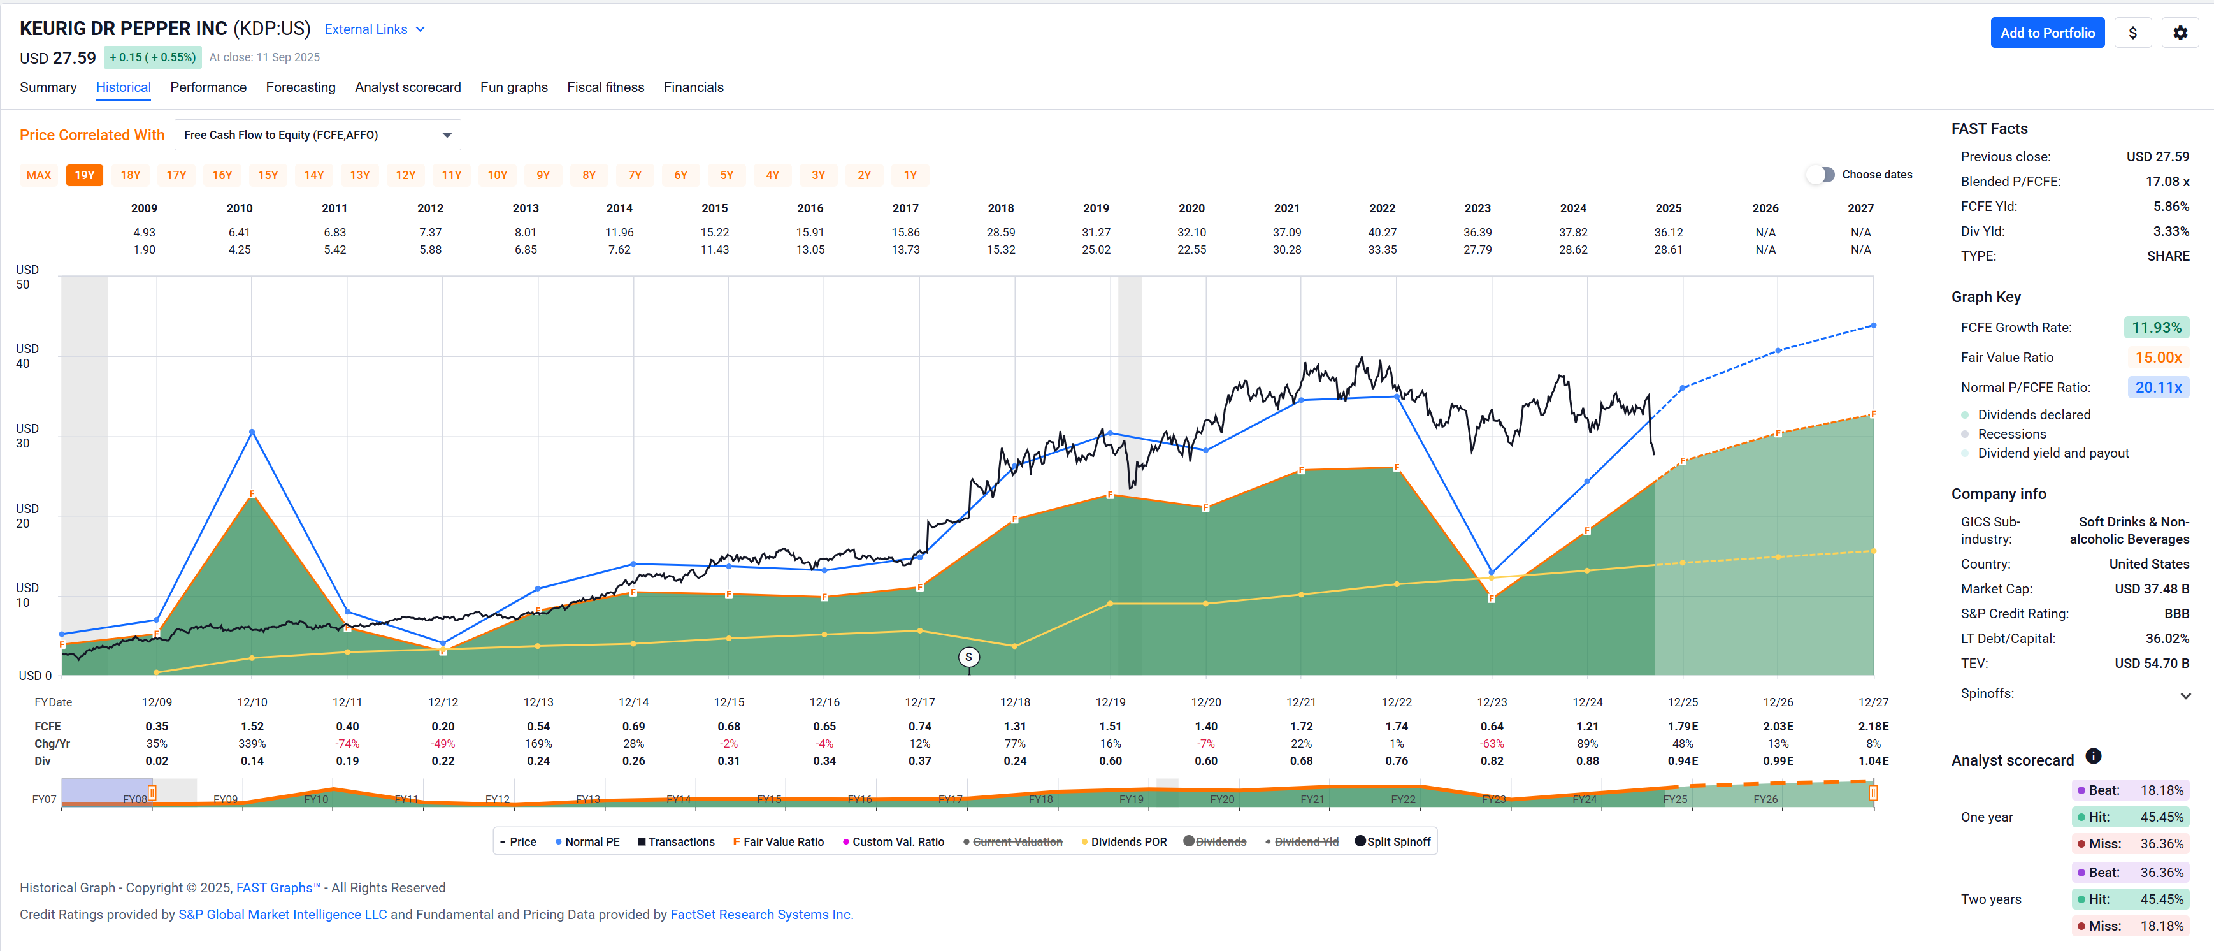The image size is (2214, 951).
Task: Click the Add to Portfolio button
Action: click(2046, 33)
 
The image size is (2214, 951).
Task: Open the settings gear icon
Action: click(2180, 33)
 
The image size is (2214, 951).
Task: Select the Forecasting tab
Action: click(301, 87)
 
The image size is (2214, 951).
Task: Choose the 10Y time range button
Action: click(497, 175)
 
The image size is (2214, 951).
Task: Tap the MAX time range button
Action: click(39, 175)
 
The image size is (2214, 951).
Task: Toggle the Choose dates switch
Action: click(1820, 175)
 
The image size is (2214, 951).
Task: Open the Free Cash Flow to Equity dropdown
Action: click(317, 135)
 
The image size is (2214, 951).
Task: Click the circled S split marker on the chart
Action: click(968, 657)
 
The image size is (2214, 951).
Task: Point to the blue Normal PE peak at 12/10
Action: click(252, 432)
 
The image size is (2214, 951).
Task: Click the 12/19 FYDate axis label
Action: click(1111, 702)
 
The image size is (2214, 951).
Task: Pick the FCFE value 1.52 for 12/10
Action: click(252, 727)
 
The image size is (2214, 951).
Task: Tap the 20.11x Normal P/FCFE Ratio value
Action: click(2157, 388)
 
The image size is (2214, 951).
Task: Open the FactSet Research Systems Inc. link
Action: click(761, 914)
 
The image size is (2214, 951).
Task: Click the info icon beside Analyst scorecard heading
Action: click(2093, 757)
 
